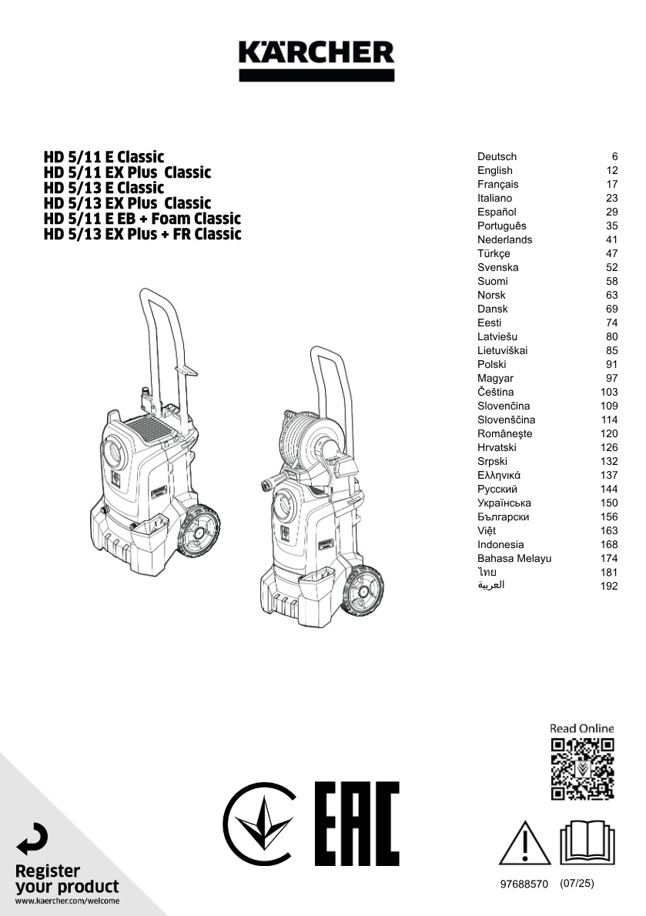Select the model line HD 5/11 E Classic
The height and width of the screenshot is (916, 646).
pyautogui.click(x=104, y=157)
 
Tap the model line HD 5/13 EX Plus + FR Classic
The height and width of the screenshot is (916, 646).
pyautogui.click(x=142, y=234)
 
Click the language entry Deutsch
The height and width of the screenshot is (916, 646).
pyautogui.click(x=497, y=156)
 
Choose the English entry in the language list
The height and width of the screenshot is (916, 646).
pyautogui.click(x=495, y=171)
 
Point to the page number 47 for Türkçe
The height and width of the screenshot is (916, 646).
pyautogui.click(x=611, y=253)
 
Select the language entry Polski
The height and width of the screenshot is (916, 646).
pyautogui.click(x=492, y=365)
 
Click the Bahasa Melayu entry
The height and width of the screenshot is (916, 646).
pyautogui.click(x=514, y=559)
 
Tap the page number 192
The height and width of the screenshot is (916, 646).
pyautogui.click(x=608, y=586)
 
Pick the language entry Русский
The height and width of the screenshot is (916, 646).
pyautogui.click(x=497, y=489)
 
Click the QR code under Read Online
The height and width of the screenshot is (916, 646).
pyautogui.click(x=582, y=769)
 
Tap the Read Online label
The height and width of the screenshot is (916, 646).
pyautogui.click(x=582, y=728)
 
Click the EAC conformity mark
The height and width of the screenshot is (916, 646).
pyautogui.click(x=356, y=824)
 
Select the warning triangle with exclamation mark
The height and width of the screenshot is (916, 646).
pyautogui.click(x=524, y=843)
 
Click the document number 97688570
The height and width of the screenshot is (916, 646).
pyautogui.click(x=524, y=884)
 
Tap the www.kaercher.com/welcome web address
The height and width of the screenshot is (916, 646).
pyautogui.click(x=67, y=901)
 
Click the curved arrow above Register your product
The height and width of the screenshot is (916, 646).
pyautogui.click(x=32, y=840)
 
